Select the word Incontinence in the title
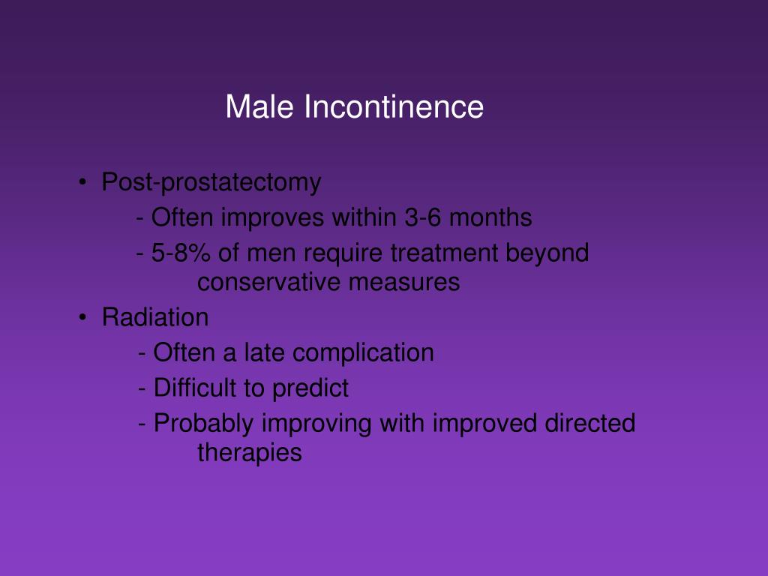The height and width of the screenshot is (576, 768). (x=394, y=106)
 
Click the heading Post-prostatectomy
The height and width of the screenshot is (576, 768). (x=211, y=182)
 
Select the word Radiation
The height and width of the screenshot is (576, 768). (x=155, y=317)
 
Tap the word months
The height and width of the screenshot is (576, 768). (x=490, y=217)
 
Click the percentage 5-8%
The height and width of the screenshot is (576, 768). (x=181, y=253)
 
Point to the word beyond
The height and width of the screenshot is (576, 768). (x=547, y=253)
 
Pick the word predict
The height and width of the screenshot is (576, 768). (x=310, y=388)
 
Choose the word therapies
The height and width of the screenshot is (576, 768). (x=250, y=453)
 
